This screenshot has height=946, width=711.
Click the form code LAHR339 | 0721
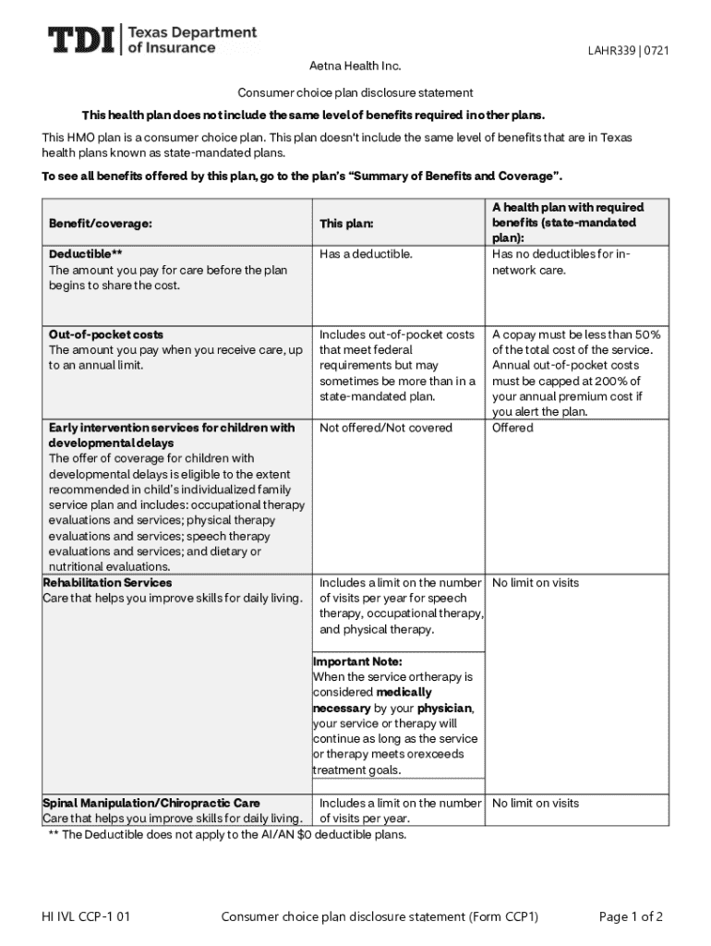[x=628, y=51]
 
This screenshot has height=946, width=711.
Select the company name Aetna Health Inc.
[x=355, y=67]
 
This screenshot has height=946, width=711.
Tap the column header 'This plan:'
[x=346, y=224]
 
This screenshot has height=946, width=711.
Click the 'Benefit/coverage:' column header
[x=101, y=224]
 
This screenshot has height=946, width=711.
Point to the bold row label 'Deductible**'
[x=86, y=254]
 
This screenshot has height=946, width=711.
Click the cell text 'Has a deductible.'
[x=366, y=254]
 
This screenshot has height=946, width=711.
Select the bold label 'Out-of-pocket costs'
[x=106, y=334]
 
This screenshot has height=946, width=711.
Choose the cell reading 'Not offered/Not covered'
[x=386, y=428]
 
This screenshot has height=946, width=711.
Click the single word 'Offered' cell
[x=512, y=428]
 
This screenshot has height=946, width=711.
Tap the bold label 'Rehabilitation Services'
[x=107, y=583]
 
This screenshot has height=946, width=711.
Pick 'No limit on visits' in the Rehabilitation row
[x=536, y=583]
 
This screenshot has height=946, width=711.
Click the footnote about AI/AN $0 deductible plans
[x=227, y=835]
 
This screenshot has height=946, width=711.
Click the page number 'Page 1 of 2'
[x=631, y=917]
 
